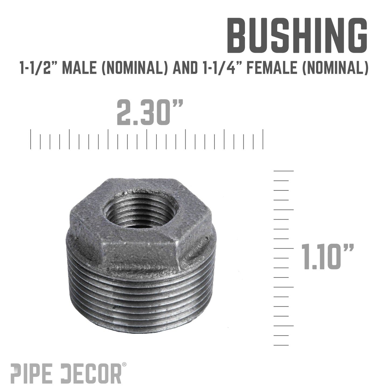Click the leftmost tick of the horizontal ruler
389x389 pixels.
tap(31, 139)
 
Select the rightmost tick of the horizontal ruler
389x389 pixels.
tap(263, 139)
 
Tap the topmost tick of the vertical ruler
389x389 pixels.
tap(283, 171)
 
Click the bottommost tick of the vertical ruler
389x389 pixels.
tap(281, 345)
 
